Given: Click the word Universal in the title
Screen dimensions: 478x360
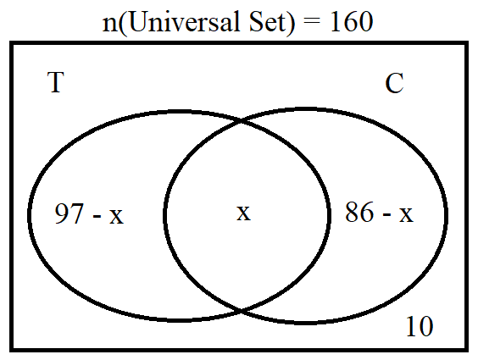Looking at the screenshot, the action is [184, 21].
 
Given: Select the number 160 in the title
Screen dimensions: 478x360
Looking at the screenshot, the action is [351, 21].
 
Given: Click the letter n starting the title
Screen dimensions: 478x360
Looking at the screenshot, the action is [109, 25].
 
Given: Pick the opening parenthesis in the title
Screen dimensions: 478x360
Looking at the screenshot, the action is [123, 23].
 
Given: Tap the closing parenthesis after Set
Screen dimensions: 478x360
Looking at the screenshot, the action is [290, 23].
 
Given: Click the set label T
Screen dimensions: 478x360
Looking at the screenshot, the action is [56, 82].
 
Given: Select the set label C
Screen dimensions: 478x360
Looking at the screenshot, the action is [394, 83].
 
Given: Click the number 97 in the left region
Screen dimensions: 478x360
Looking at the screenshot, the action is [69, 213].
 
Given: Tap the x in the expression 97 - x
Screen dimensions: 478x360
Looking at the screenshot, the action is [116, 217].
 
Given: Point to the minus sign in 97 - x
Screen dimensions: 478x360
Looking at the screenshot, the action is [97, 216].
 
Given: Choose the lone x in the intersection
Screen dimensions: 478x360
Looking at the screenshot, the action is [243, 213].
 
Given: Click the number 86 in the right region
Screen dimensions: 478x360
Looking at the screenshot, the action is [359, 212].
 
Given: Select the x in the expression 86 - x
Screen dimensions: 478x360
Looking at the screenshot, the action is [406, 214].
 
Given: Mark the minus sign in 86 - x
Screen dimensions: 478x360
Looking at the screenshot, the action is [386, 214].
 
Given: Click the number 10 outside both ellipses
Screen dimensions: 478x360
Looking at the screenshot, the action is [420, 326].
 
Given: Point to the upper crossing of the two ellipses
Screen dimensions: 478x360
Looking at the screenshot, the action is [242, 122].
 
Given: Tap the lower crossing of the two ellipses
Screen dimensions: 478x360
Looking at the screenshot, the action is [242, 310].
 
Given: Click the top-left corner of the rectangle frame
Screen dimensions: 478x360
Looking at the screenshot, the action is [11, 42].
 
